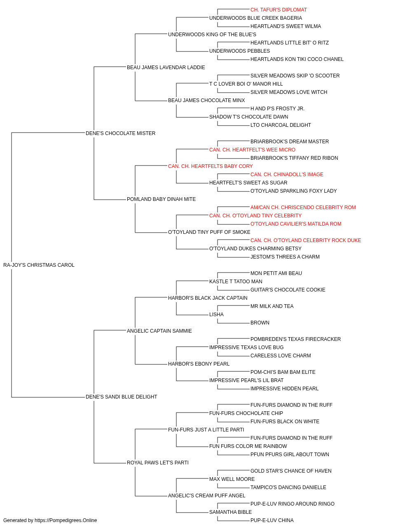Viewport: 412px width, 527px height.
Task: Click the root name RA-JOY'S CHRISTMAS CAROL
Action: (x=39, y=265)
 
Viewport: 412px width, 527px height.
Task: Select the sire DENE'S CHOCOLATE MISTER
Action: (x=120, y=133)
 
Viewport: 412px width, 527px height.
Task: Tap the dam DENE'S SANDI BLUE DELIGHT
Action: (x=121, y=397)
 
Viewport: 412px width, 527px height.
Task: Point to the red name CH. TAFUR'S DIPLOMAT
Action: (x=279, y=10)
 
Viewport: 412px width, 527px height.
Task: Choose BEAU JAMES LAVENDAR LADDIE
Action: (x=166, y=68)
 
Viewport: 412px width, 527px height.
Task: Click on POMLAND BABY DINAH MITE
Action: (x=161, y=199)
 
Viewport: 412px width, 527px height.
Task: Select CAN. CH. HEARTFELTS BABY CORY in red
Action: (x=211, y=166)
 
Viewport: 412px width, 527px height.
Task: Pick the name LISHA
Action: (x=216, y=315)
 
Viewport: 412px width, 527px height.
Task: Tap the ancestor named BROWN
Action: (x=260, y=323)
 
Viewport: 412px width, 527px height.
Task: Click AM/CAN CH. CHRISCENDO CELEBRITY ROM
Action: (x=303, y=208)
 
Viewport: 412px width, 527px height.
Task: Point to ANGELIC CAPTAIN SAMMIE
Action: (x=159, y=331)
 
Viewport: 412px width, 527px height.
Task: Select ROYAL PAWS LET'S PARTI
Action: (x=157, y=463)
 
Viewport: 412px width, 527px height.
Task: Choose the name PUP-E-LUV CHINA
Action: (x=272, y=520)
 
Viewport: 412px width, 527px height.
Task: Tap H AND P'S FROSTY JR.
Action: (x=277, y=109)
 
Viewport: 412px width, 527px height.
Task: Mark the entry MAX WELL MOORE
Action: (x=232, y=479)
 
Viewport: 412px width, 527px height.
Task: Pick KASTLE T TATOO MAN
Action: (x=236, y=282)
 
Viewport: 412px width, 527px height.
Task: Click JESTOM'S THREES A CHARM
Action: (x=285, y=257)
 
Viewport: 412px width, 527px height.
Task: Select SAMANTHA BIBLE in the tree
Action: (x=230, y=512)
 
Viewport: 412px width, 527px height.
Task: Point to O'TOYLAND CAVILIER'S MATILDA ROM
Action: (x=296, y=224)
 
